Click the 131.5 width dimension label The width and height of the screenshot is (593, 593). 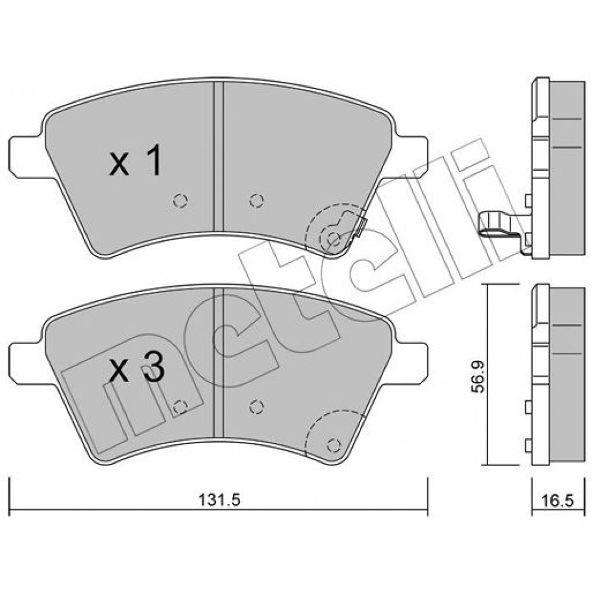[220, 500]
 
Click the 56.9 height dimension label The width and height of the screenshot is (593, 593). [480, 377]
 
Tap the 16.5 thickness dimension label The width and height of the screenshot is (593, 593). [557, 500]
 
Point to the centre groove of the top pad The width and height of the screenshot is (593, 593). [219, 157]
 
